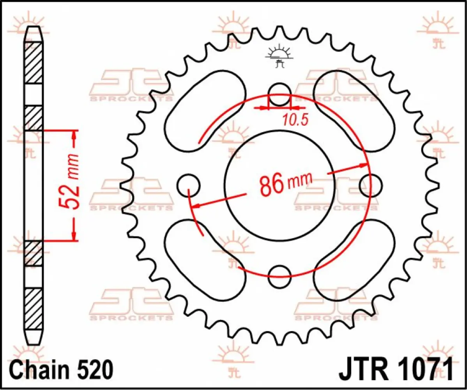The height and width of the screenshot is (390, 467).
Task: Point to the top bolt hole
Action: pyautogui.click(x=279, y=95)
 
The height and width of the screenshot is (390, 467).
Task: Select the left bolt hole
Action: pyautogui.click(x=188, y=185)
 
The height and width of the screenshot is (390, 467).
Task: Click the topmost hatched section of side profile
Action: pyautogui.click(x=34, y=62)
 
